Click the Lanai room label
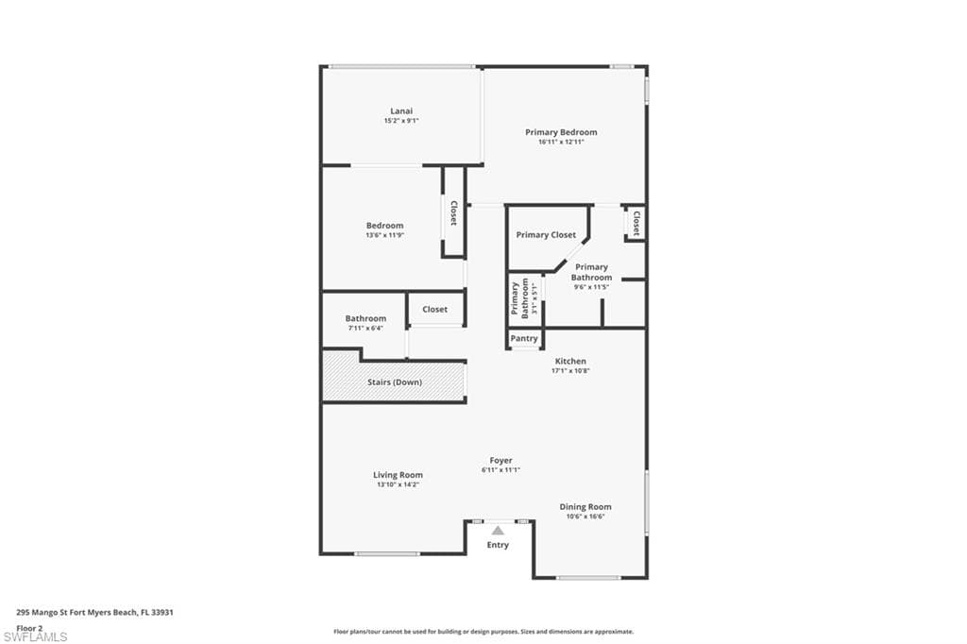pos(401,110)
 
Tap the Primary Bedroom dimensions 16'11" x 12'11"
pos(561,142)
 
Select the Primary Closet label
pos(546,234)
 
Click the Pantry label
pos(524,338)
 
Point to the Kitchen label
pos(570,361)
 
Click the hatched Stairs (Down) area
pos(395,381)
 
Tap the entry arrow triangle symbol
pos(498,531)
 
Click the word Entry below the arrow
pos(498,545)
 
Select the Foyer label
pos(500,460)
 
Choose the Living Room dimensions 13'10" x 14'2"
pos(398,484)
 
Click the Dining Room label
pos(585,507)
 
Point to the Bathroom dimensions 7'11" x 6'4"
pos(365,329)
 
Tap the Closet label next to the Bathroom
pos(435,309)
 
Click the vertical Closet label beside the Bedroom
pos(454,212)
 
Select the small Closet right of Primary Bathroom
pos(636,223)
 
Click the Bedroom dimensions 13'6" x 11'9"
pos(384,235)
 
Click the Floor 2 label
pos(30,627)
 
